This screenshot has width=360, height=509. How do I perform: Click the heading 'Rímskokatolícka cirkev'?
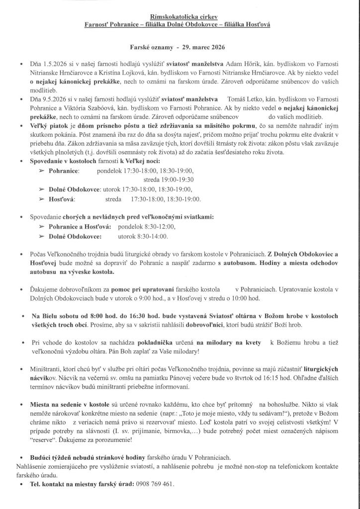tap(180, 16)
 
